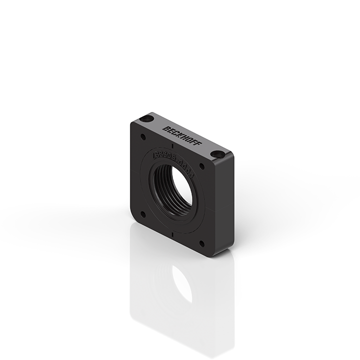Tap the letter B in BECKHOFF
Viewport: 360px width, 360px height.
(165, 129)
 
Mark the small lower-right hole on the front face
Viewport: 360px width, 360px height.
(201, 243)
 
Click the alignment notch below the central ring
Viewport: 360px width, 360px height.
(172, 233)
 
